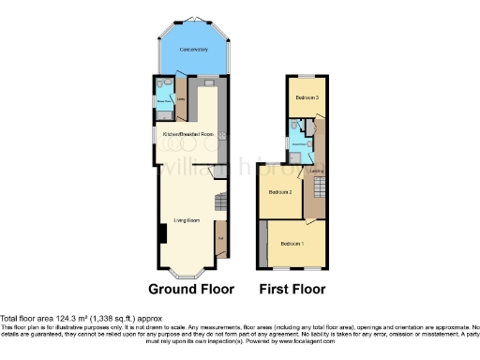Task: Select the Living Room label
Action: click(187, 221)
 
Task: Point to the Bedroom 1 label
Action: click(294, 244)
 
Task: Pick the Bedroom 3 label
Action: click(307, 97)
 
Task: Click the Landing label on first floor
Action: click(317, 171)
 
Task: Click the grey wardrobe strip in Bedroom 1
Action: click(263, 242)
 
